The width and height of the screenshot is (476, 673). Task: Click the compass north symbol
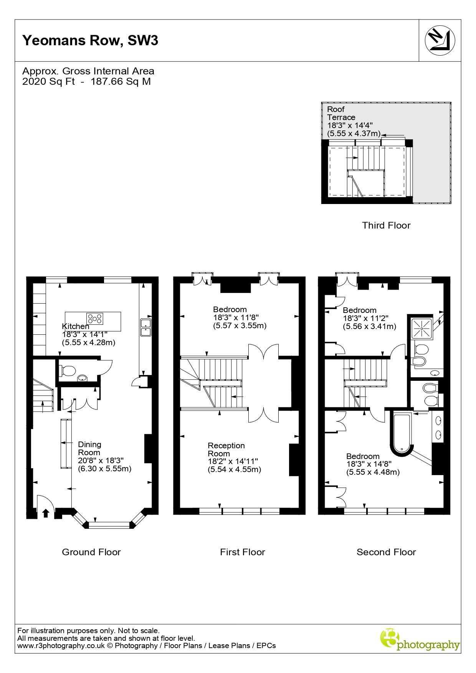[x=440, y=40]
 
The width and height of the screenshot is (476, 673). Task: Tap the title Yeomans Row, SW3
[x=90, y=40]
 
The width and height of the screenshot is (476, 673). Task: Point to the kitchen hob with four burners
[x=95, y=319]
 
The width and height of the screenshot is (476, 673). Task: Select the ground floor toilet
[x=67, y=370]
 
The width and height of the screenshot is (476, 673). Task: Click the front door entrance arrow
[x=46, y=513]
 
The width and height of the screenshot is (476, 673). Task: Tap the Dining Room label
[x=89, y=448]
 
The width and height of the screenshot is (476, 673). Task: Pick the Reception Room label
[x=226, y=449]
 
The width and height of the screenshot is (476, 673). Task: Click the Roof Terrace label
[x=341, y=113]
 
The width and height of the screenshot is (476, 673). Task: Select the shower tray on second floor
[x=422, y=328]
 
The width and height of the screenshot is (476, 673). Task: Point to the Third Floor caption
[x=386, y=225]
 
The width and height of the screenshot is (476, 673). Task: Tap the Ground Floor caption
[x=91, y=552]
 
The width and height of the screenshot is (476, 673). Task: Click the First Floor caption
[x=243, y=552]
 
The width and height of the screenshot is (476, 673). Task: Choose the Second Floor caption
[x=386, y=552]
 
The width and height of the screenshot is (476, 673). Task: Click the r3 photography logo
[x=420, y=640]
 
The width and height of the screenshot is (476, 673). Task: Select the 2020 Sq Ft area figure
[x=49, y=81]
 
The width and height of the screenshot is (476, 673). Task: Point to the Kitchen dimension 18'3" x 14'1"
[x=85, y=334]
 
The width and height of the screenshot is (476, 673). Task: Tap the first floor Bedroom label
[x=230, y=309]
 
